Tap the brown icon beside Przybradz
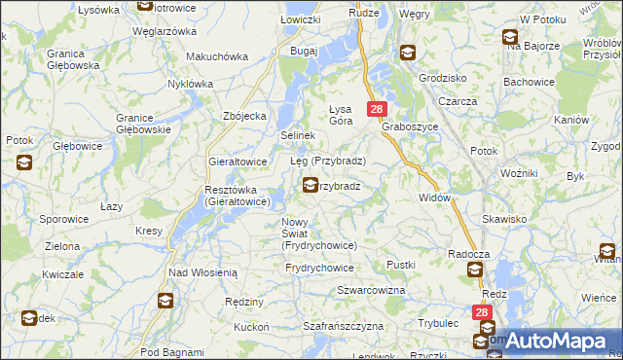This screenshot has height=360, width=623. (311, 185)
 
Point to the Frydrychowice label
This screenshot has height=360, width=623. (319, 267)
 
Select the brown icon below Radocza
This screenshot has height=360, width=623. (474, 270)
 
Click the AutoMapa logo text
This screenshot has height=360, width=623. (556, 342)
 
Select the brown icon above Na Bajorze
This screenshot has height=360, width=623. (510, 38)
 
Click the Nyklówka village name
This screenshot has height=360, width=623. (189, 84)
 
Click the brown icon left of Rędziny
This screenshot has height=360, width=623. (166, 301)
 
